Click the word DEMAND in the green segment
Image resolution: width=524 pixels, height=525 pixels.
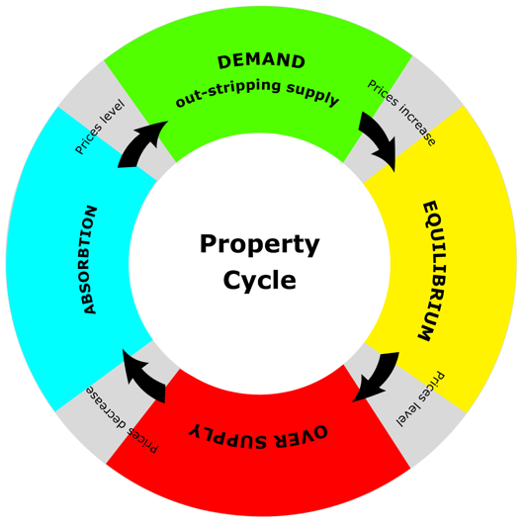261,61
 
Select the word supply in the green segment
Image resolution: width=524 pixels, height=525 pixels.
313,94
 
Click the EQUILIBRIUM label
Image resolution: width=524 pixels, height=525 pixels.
432,271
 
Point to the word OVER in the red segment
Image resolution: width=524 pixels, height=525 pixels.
301,436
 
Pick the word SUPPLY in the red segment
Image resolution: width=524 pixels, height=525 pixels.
228,437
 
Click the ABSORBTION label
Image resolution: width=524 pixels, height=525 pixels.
89,260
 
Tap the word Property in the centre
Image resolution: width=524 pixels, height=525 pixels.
259,244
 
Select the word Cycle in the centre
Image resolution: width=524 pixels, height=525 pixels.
259,280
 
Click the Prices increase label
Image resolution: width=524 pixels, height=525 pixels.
401,112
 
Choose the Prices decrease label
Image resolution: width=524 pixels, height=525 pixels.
122,420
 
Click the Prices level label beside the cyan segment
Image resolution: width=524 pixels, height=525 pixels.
100,127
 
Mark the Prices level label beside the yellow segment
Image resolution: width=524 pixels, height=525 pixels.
421,399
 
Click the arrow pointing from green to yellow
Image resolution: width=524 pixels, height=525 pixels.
381,140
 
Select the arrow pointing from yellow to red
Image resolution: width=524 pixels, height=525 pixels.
379,376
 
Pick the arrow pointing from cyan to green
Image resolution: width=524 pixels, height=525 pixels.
140,144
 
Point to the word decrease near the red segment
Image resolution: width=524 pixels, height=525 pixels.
107,406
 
